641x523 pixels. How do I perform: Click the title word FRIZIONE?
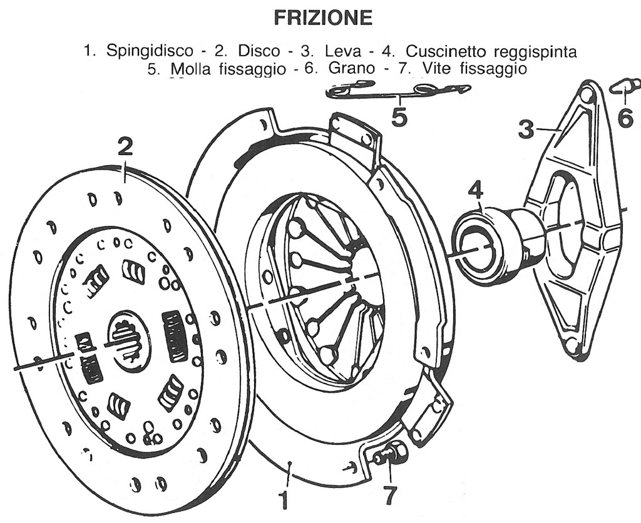324,19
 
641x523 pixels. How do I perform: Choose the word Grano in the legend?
351,68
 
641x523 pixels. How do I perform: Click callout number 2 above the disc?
125,148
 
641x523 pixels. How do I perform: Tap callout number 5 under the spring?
399,117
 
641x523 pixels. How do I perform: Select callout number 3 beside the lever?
526,129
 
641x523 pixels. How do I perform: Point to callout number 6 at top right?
625,117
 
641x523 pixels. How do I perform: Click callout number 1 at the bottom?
284,500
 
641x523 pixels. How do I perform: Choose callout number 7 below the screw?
389,495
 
